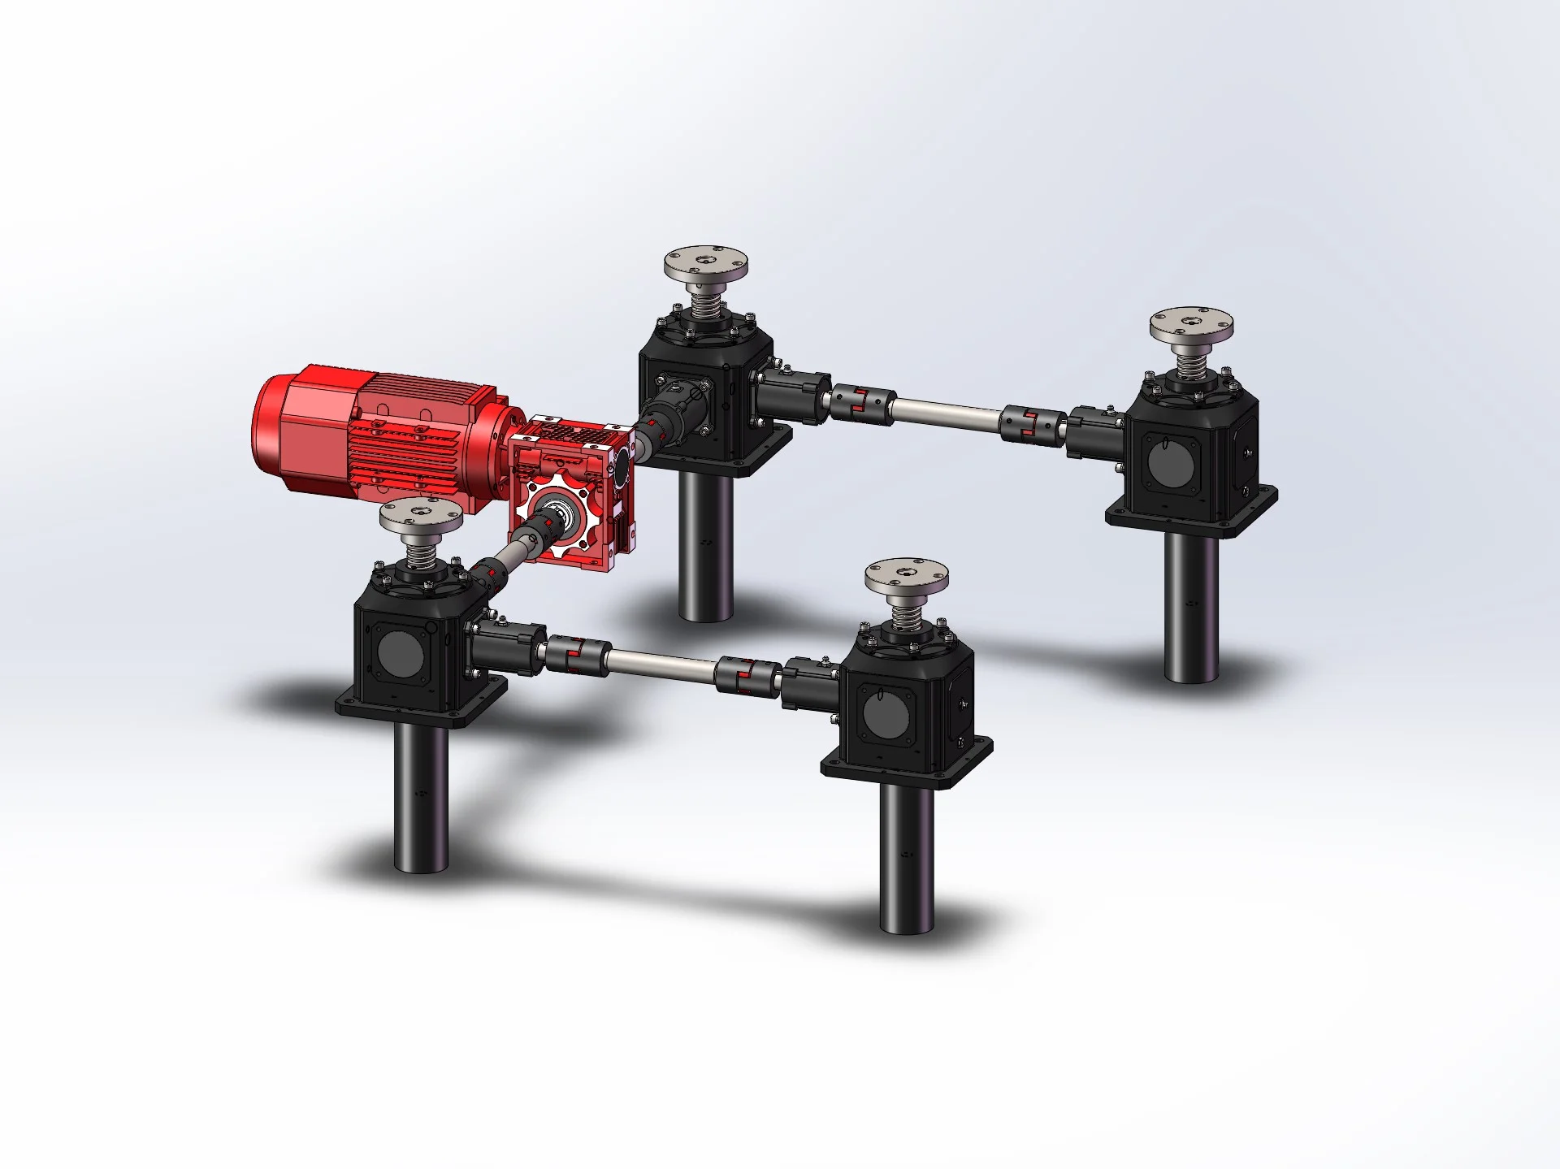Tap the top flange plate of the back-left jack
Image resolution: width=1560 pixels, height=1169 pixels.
click(705, 264)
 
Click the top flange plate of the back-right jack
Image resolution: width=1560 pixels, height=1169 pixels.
click(1192, 326)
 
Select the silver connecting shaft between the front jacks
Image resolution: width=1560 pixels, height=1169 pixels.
click(662, 661)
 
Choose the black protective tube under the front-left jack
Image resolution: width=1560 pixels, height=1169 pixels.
click(421, 796)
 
